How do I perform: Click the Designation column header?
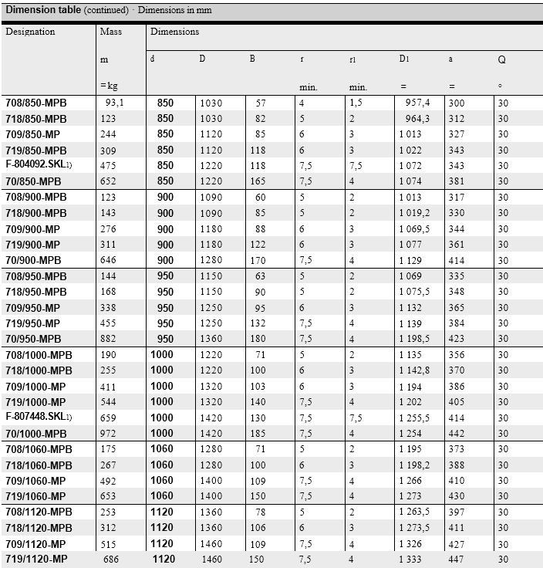tap(31, 32)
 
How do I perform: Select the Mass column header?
tap(111, 32)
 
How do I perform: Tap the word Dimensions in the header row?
tap(174, 32)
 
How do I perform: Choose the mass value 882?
tap(108, 339)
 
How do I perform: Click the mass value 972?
tap(108, 433)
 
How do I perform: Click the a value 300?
tap(457, 103)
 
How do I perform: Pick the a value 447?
tap(457, 559)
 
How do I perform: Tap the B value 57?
tap(261, 103)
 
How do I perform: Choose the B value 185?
tap(258, 433)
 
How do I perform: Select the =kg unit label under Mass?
tap(108, 85)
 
